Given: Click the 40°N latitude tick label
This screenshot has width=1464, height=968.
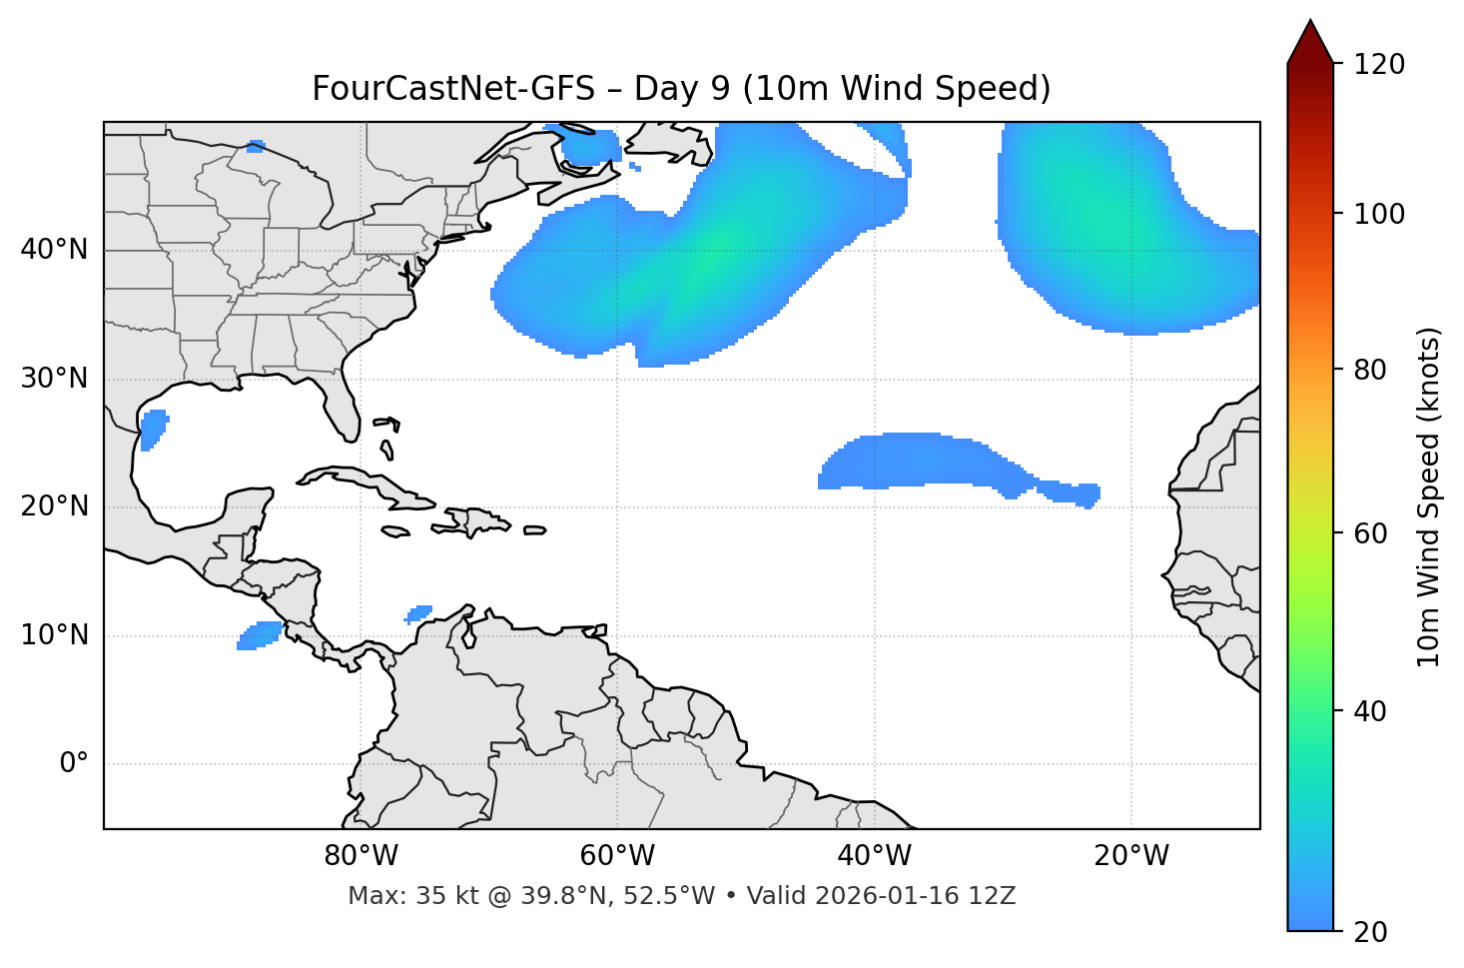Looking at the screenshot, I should click(x=54, y=250).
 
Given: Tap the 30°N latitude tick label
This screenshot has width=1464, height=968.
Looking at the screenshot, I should click(x=54, y=379).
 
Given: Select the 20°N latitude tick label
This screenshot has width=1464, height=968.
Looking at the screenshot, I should click(x=54, y=506).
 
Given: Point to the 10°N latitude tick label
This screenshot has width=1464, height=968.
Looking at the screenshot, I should click(x=54, y=635).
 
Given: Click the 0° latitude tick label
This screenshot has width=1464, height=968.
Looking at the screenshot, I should click(x=74, y=764).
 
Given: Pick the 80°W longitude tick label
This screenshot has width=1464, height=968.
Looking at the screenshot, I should click(x=361, y=856).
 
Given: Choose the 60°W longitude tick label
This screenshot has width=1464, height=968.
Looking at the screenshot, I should click(x=617, y=856).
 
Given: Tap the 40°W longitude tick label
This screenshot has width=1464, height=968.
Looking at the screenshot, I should click(x=874, y=856).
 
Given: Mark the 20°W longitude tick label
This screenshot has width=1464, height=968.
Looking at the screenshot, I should click(x=1130, y=856).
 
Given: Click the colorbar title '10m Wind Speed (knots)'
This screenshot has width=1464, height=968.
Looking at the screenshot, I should click(x=1429, y=497).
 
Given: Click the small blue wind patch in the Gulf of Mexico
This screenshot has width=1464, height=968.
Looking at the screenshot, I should click(x=153, y=429).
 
